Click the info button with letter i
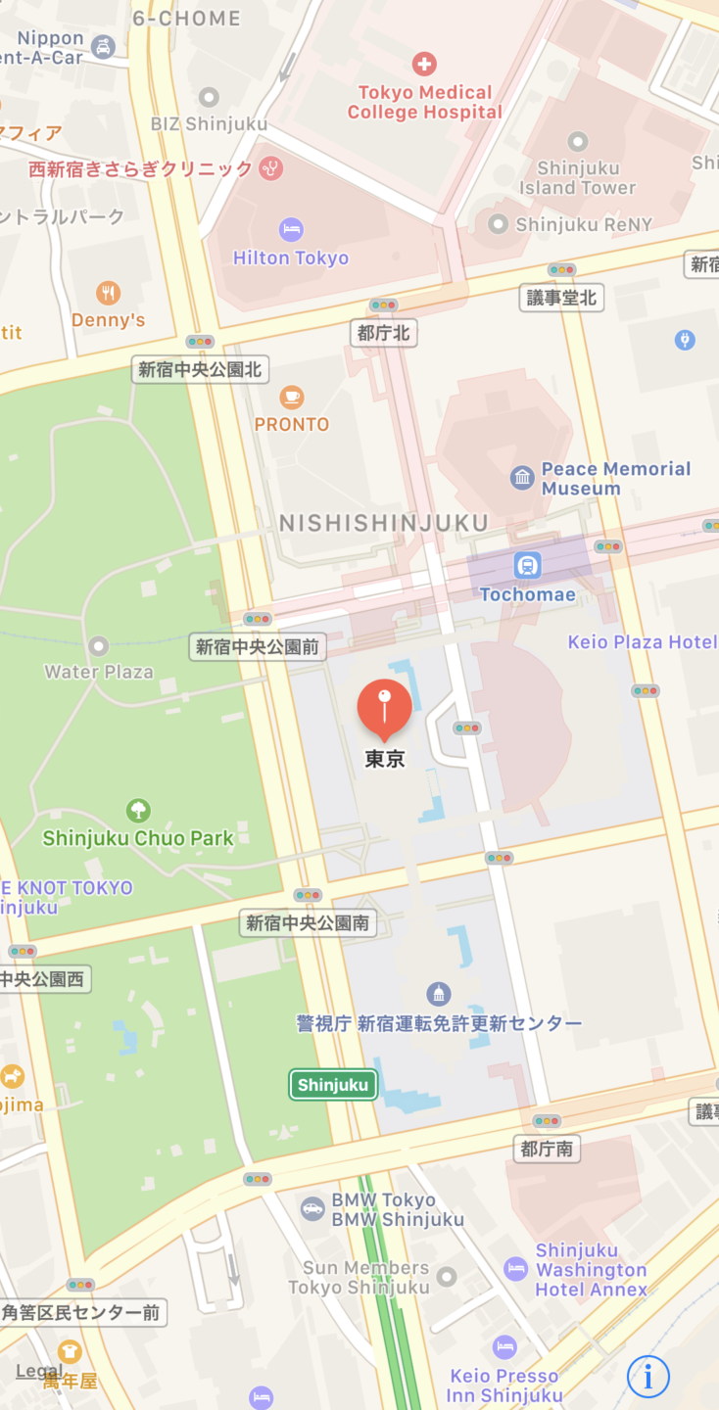coord(648,1376)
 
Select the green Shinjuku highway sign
coord(333,1084)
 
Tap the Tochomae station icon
coord(528,565)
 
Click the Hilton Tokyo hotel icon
coord(291,230)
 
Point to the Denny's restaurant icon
coord(109,292)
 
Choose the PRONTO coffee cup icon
coord(291,397)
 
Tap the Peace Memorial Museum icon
coord(522,478)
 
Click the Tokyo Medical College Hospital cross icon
coord(424,65)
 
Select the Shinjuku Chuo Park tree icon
coord(138,811)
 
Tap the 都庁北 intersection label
coord(383,333)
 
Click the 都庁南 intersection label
coord(547,1149)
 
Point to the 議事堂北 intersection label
coord(561,298)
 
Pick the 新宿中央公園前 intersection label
coord(258,646)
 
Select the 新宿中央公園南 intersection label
coord(308,922)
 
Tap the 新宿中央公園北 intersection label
coord(201,369)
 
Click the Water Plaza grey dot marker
coord(98,646)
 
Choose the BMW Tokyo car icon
coord(312,1208)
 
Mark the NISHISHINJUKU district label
coord(384,523)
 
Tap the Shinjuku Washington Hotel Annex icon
coord(516,1269)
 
